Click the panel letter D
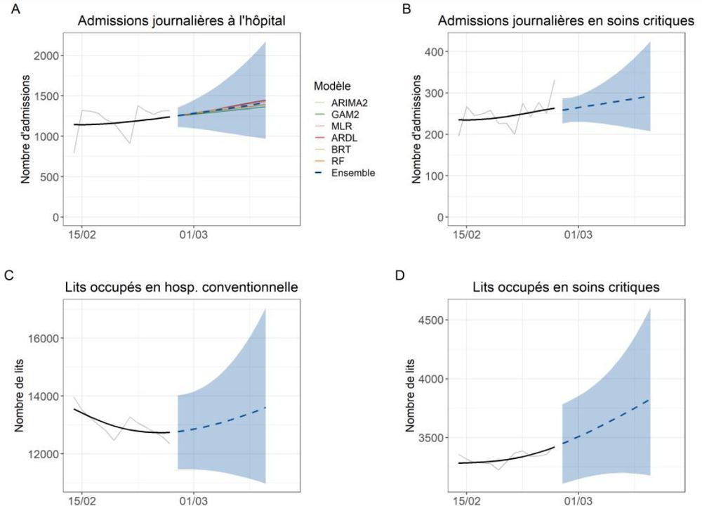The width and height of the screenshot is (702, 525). [x=399, y=275]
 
